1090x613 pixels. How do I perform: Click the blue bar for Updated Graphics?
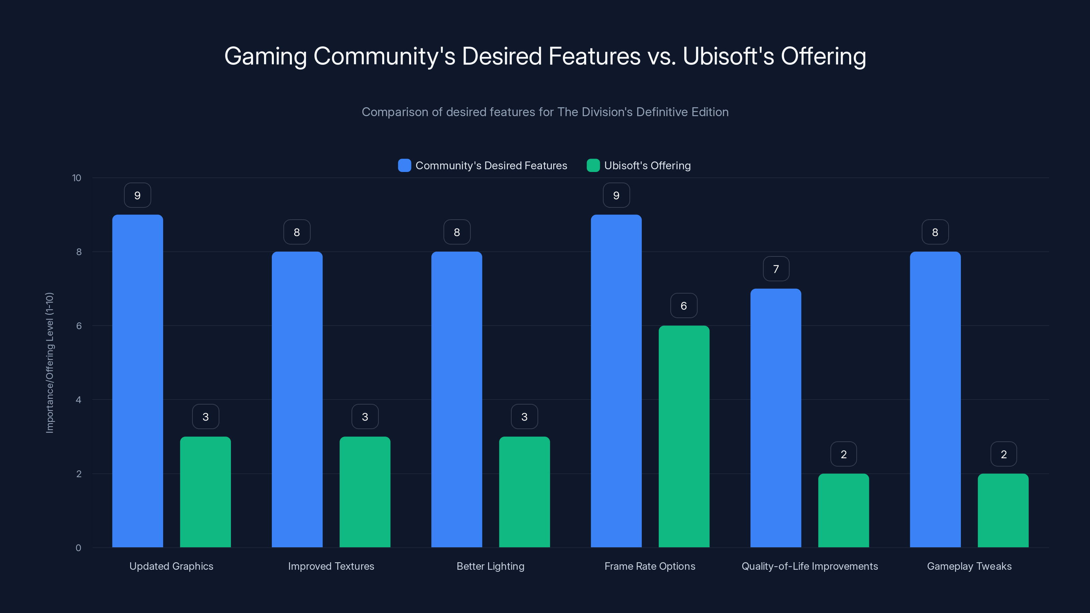coord(138,381)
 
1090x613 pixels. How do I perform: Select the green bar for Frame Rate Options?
coord(684,436)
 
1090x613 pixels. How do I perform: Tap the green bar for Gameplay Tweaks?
coord(1003,510)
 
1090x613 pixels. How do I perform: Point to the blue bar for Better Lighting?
coord(456,399)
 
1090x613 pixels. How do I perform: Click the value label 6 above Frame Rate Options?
coord(684,306)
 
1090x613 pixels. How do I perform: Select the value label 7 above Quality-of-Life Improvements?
coord(776,269)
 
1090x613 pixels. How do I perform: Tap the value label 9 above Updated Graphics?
coord(138,195)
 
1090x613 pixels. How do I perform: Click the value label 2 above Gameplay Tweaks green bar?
coord(1003,454)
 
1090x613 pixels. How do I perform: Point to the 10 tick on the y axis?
coord(77,178)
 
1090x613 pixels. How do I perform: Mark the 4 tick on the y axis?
coord(78,400)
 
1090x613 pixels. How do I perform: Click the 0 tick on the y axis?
coord(78,548)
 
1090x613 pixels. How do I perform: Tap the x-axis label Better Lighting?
coord(490,566)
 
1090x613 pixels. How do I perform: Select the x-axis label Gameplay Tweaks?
coord(969,566)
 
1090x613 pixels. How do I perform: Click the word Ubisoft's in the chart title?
coord(728,56)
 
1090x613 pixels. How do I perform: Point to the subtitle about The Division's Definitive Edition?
coord(545,112)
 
